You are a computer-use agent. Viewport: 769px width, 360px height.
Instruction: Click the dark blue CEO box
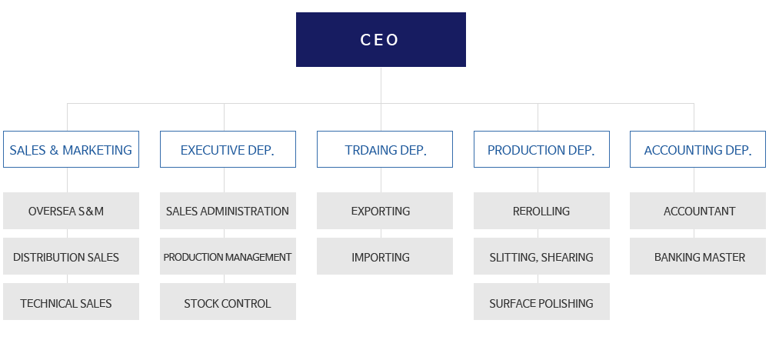381,40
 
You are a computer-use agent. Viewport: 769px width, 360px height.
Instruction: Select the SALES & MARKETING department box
71,149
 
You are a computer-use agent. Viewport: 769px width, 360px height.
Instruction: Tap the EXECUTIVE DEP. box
228,149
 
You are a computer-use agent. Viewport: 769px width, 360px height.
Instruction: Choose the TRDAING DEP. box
384,149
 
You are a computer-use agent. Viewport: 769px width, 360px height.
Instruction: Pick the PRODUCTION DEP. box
541,149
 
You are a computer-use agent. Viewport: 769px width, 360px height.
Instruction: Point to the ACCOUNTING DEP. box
698,149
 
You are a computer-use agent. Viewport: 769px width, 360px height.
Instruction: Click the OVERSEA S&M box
71,211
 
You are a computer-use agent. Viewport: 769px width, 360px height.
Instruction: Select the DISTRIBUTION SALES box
71,256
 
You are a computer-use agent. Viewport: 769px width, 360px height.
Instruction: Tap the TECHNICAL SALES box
71,302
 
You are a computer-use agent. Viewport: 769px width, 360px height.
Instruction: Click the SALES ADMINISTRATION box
228,211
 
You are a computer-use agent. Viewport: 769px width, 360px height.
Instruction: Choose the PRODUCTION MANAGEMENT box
228,256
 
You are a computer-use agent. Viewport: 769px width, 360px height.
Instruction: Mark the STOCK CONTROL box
228,302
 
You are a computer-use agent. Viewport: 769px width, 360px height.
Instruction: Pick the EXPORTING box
384,211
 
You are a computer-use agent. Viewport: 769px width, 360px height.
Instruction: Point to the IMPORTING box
384,256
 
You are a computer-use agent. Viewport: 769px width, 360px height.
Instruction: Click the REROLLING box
541,211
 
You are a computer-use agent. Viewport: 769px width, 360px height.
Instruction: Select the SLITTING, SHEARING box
541,256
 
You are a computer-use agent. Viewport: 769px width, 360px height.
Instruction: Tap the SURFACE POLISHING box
541,302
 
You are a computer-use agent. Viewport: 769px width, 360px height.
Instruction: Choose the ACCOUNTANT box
698,211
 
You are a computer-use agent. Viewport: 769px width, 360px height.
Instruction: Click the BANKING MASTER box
698,256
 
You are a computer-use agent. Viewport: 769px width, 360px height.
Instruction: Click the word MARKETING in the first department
97,150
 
